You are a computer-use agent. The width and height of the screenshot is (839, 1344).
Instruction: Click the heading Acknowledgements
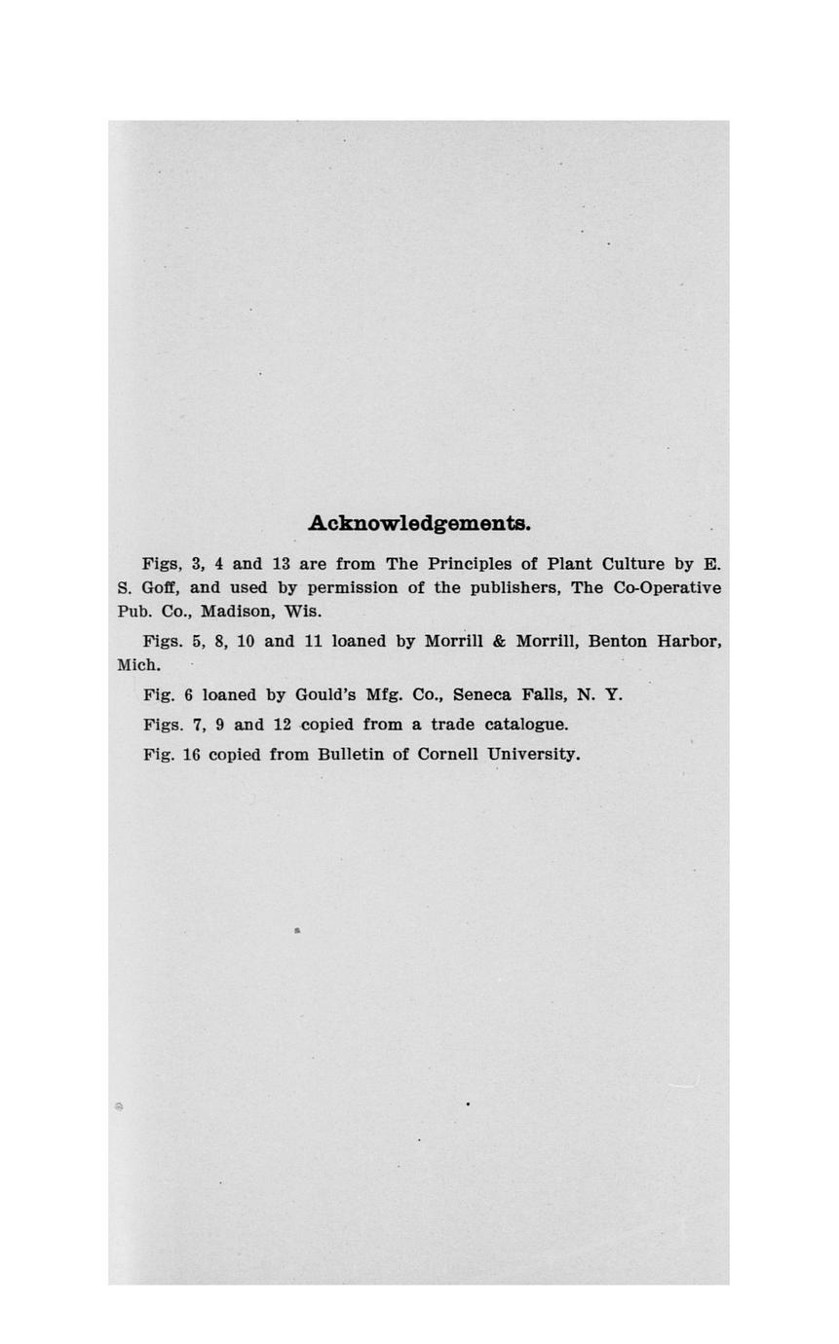click(x=419, y=523)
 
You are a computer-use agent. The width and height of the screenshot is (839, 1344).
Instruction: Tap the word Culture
click(x=633, y=564)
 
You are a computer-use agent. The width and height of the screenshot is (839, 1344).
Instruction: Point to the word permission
click(x=353, y=588)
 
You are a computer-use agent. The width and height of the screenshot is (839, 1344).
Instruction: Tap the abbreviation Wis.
click(x=302, y=613)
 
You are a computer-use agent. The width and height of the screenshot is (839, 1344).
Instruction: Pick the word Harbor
click(x=689, y=642)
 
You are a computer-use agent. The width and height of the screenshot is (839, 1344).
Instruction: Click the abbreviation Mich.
click(x=138, y=666)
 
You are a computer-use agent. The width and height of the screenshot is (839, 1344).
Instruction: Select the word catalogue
click(x=525, y=726)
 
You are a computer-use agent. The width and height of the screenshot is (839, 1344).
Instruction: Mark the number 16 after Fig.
click(x=191, y=755)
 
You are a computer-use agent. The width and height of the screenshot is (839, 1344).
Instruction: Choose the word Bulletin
click(x=350, y=755)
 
